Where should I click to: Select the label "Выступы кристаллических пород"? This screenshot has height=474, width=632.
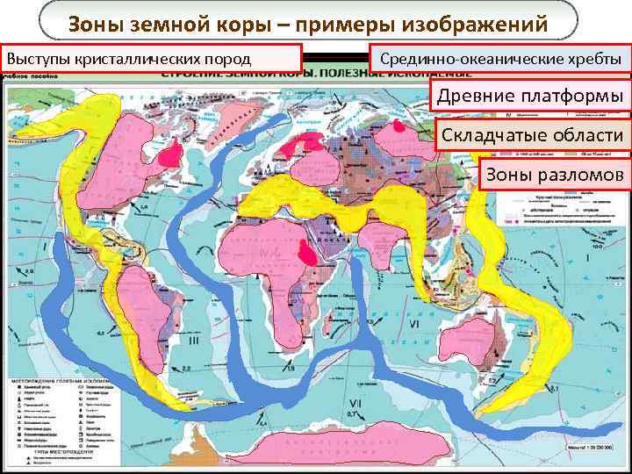[152, 59]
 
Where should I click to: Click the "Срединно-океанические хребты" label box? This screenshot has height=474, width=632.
[500, 60]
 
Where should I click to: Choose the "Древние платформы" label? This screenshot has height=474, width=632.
[531, 95]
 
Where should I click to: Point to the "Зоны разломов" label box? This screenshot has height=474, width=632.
[554, 175]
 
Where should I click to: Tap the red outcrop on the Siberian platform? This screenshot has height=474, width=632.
[401, 126]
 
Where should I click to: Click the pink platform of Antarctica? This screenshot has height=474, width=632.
[351, 443]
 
